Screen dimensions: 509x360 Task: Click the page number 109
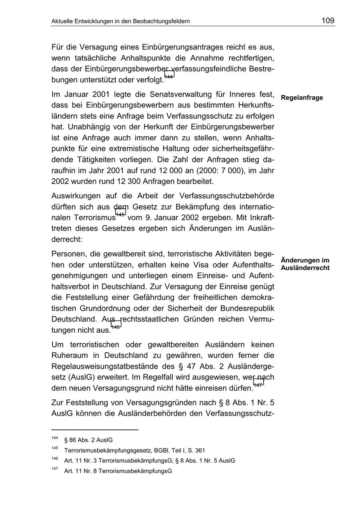328,20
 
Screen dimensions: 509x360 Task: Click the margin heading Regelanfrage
302,98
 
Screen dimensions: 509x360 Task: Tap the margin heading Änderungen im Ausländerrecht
305,264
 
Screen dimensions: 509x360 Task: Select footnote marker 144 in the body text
169,76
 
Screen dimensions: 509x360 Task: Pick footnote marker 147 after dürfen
258,384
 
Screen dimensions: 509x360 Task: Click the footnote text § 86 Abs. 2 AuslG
88,440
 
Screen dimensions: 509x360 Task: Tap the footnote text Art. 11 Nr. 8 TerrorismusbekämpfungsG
118,471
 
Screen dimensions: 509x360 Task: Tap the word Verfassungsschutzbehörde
227,196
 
